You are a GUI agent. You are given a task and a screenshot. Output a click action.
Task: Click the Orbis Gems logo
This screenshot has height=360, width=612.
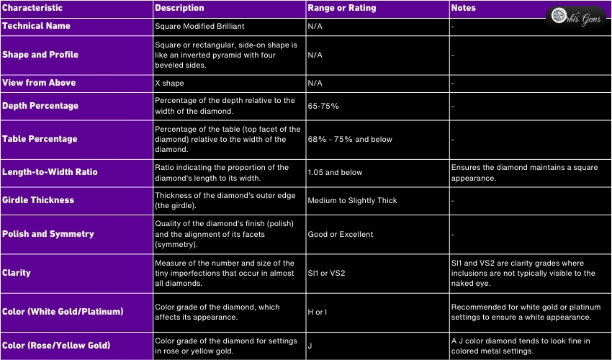[x=579, y=16]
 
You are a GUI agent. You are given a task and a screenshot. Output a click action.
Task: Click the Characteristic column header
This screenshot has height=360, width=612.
[x=32, y=9]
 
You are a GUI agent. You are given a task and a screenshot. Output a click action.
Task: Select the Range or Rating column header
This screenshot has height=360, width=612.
[x=336, y=9]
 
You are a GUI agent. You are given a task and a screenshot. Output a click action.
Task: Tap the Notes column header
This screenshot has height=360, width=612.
[x=463, y=9]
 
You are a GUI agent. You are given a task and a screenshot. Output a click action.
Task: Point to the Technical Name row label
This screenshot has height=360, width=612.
[x=37, y=25]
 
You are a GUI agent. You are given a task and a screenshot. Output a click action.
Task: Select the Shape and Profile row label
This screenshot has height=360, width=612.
[x=40, y=55]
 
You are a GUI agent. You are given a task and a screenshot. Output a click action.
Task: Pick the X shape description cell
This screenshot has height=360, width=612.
[x=170, y=84]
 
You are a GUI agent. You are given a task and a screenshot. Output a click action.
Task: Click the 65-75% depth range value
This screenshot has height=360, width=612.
[x=323, y=106]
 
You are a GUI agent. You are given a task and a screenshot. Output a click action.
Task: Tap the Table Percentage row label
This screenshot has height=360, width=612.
[x=40, y=139]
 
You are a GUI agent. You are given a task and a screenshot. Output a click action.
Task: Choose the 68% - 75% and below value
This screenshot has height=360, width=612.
[x=350, y=139]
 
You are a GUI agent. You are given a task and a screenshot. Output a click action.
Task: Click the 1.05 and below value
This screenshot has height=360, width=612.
[x=335, y=173]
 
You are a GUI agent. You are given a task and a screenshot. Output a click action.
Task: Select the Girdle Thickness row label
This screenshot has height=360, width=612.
[x=38, y=200]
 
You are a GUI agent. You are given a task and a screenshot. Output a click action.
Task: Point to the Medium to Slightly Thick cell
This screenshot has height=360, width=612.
[x=352, y=200]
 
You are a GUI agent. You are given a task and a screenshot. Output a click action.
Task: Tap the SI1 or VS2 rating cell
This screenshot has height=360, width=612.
[x=326, y=274]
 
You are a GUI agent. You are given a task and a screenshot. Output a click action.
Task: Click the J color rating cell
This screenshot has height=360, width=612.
[x=310, y=346]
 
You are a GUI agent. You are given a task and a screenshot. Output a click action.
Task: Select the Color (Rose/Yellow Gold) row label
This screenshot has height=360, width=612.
[x=56, y=346]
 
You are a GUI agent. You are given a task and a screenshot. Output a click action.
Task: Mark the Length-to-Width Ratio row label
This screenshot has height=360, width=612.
[x=50, y=173]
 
